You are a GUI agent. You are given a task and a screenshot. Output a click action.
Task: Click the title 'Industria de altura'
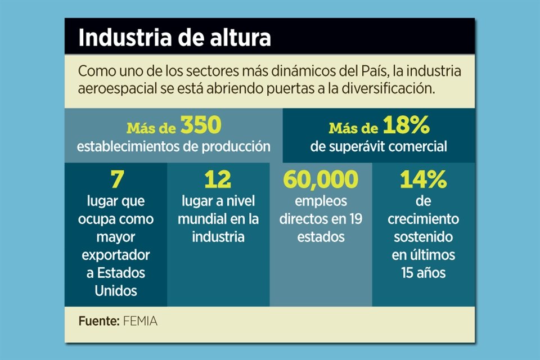(174, 38)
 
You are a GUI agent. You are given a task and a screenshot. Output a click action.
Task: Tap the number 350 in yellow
(201, 126)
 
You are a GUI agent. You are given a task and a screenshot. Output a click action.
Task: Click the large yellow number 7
(115, 179)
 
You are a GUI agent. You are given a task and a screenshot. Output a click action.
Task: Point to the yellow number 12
(218, 179)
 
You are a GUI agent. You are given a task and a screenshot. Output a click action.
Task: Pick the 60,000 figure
(321, 179)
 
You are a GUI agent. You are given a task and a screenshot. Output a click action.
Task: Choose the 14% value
(423, 179)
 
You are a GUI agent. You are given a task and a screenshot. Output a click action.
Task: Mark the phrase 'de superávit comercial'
(379, 147)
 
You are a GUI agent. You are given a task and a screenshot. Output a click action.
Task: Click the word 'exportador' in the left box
(116, 255)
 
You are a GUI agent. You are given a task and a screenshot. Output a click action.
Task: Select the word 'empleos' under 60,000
(321, 201)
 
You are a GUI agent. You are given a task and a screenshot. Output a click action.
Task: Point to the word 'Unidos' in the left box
(116, 291)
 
